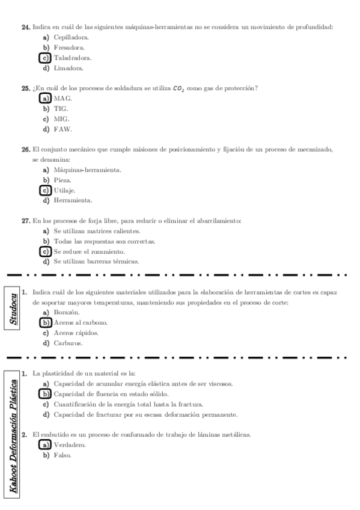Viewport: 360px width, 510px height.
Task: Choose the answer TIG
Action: (x=61, y=109)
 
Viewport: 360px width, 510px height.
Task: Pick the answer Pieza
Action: (x=63, y=180)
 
